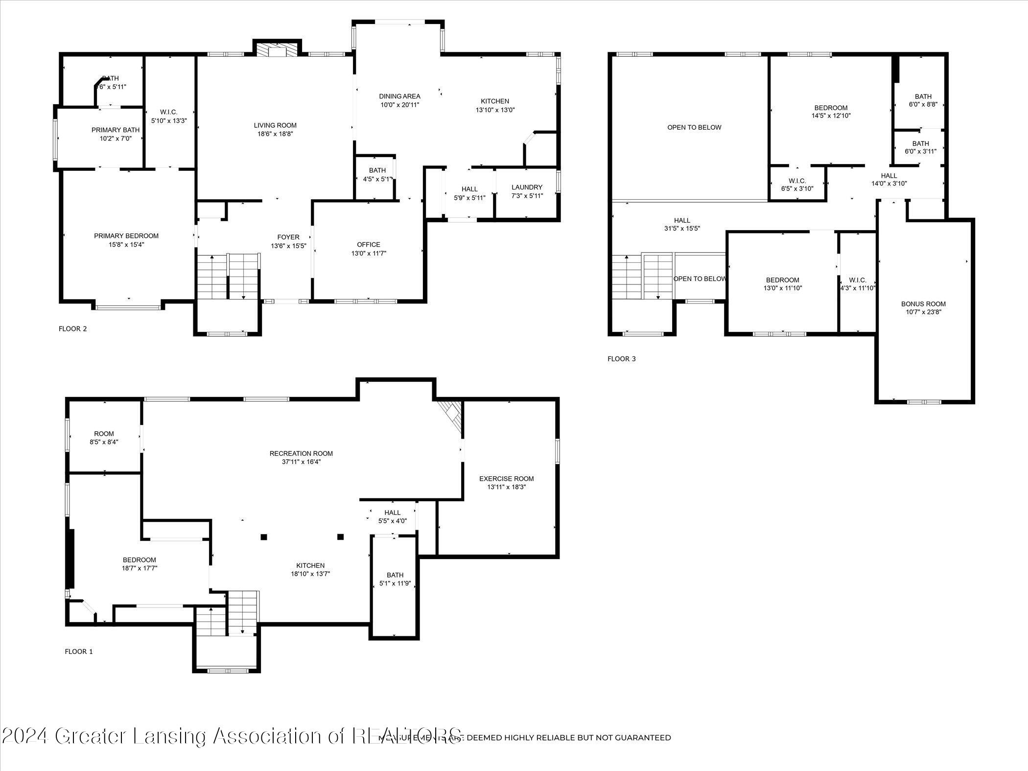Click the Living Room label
275,125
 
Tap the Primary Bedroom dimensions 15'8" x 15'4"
126,245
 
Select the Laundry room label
527,187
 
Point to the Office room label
369,244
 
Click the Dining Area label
399,96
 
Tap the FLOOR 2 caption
72,328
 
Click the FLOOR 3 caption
621,359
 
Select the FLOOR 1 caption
78,652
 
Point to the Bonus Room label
923,304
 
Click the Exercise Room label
506,478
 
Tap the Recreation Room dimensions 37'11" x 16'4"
301,462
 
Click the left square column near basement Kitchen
263,537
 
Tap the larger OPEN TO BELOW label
694,127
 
